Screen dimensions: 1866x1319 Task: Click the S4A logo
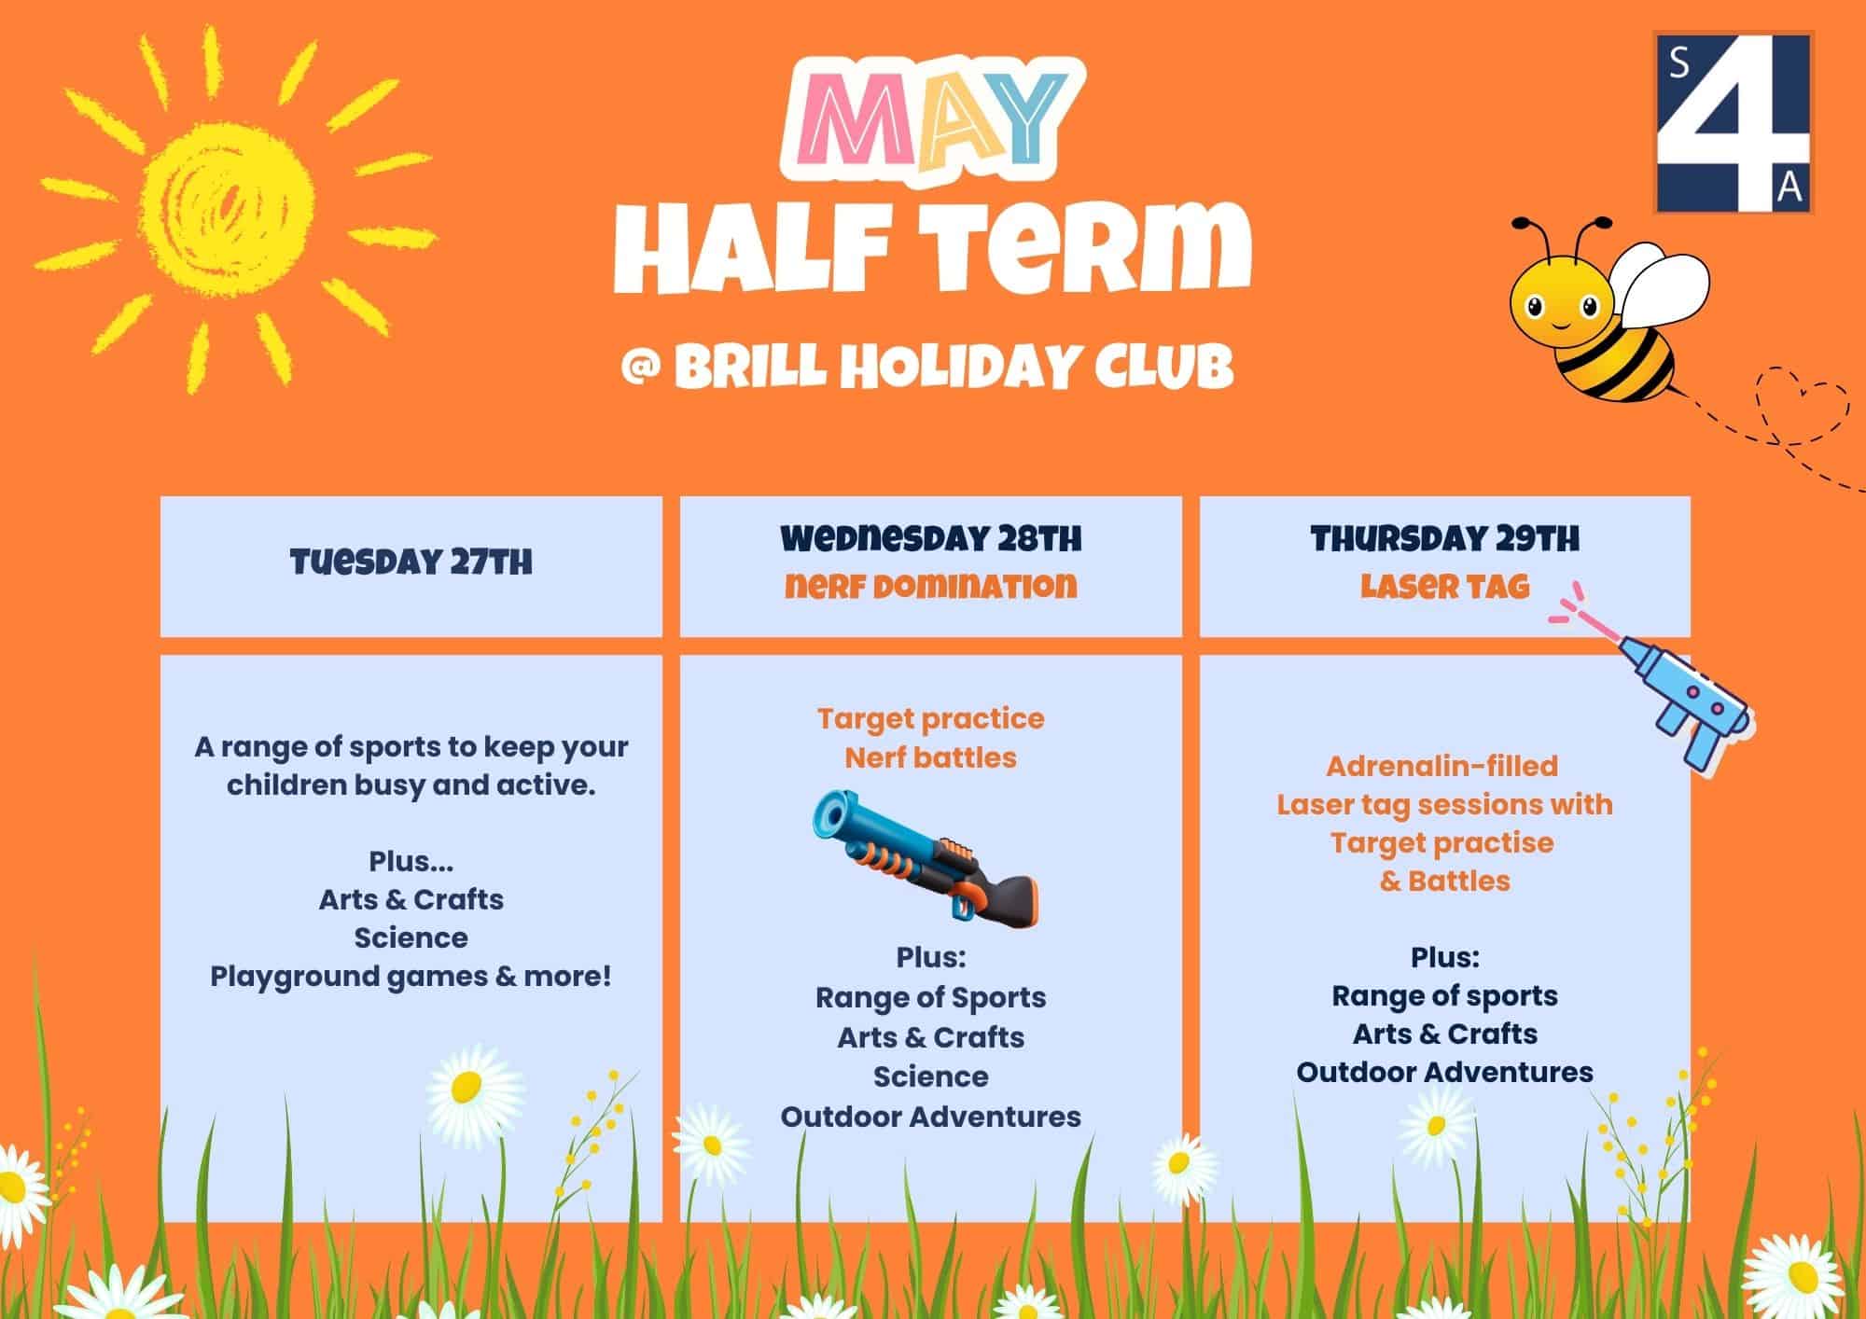[x=1734, y=122]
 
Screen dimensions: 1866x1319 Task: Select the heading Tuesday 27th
[x=411, y=562]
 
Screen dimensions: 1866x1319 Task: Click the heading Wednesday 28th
[x=931, y=538]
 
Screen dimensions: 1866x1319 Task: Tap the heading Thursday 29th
[x=1445, y=538]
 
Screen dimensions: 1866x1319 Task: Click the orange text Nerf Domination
[x=931, y=586]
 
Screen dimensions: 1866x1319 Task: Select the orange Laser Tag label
[x=1445, y=586]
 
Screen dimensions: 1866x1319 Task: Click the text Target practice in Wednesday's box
[x=931, y=719]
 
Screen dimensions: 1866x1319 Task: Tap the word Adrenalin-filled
[x=1442, y=766]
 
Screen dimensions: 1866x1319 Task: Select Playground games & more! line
[x=411, y=977]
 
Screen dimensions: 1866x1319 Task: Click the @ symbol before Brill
[x=641, y=368]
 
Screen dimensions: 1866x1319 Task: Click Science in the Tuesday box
[x=411, y=937]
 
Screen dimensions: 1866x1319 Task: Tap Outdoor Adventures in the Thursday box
[x=1445, y=1073]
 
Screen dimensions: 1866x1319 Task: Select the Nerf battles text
[x=931, y=757]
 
